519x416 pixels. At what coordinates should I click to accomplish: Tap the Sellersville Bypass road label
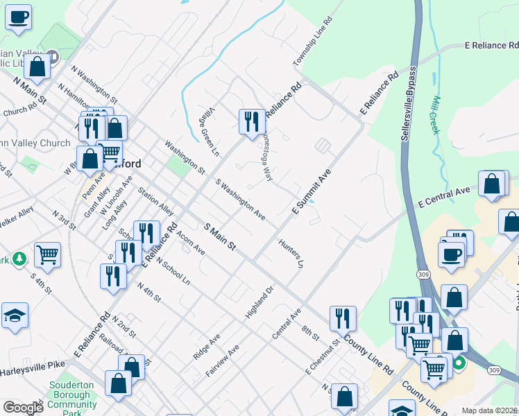(409, 104)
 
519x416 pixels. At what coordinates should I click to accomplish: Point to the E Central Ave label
(445, 196)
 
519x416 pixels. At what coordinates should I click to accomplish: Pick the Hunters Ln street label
(291, 254)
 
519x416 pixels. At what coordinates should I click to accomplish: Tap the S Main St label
(221, 237)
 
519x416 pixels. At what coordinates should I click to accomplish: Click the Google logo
(23, 408)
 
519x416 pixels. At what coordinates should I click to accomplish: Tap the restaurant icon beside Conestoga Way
(251, 121)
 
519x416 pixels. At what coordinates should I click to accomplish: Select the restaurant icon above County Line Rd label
(343, 318)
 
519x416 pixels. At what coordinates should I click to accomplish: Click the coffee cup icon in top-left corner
(18, 15)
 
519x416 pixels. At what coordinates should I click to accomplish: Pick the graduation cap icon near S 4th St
(15, 315)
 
